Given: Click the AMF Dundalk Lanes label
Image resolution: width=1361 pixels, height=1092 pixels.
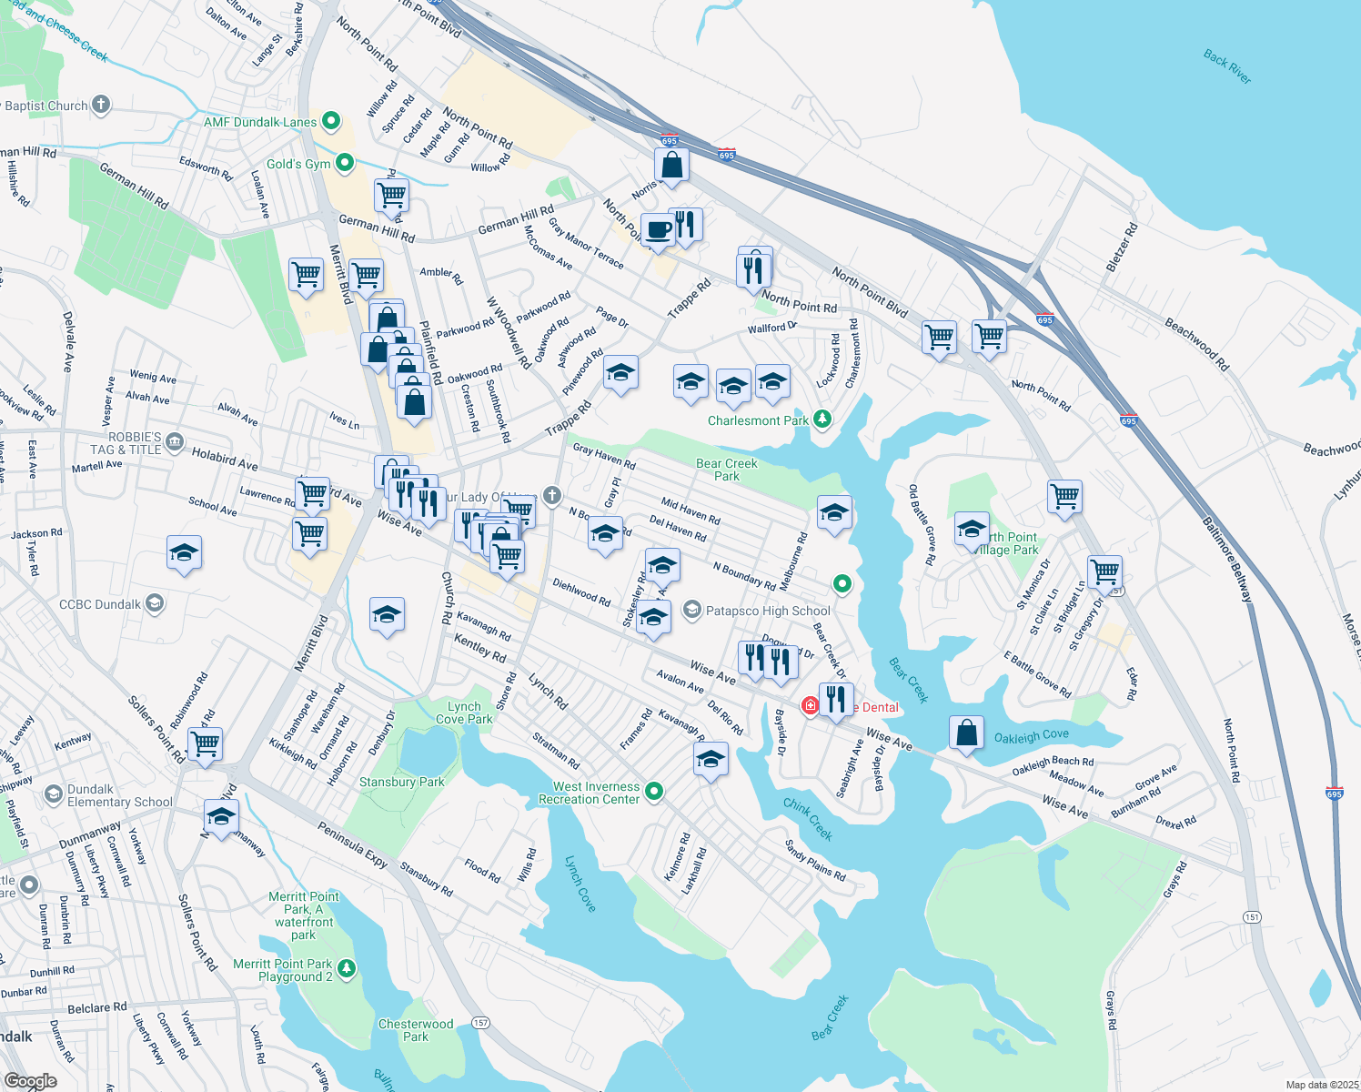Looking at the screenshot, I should coord(260,122).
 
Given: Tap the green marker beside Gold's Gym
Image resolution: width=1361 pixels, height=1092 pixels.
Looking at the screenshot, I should coord(345,163).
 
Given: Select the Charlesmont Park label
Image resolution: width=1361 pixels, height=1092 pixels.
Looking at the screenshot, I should coord(758,420).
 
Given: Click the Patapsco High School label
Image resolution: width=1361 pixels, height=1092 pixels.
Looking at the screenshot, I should coord(768,611).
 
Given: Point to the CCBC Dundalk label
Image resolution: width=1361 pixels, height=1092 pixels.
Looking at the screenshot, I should coord(100,604).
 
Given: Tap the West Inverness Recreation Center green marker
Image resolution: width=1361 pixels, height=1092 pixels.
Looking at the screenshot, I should coord(654,793).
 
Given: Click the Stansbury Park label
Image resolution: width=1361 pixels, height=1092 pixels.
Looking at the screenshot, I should coord(402,782).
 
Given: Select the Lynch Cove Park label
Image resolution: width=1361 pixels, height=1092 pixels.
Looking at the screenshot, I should coord(464,713).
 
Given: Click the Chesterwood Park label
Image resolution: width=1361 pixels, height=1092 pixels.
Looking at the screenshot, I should coord(416,1030).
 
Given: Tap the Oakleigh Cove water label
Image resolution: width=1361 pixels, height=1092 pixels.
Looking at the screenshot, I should coord(1031,735).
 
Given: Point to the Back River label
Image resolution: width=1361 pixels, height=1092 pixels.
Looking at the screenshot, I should coord(1227,66).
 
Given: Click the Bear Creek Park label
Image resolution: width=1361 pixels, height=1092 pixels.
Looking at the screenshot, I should coord(726,470).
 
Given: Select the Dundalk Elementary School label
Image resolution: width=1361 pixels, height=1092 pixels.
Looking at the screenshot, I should coord(119,795).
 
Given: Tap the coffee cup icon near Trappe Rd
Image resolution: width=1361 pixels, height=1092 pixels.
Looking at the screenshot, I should coord(657,229).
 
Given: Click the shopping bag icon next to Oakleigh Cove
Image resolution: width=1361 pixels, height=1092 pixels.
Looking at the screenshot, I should coord(966,733).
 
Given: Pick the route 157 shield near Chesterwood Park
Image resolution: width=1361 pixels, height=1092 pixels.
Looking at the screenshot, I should coord(480,1023).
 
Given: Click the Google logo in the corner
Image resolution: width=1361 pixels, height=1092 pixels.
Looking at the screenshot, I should coord(30,1080).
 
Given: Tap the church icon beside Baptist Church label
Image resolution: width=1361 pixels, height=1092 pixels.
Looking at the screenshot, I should coord(101,105).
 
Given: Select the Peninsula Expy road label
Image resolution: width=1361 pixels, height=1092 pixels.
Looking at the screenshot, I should coord(352,844).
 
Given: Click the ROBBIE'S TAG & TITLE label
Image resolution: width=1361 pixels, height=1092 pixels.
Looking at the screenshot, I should coord(134,443).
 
